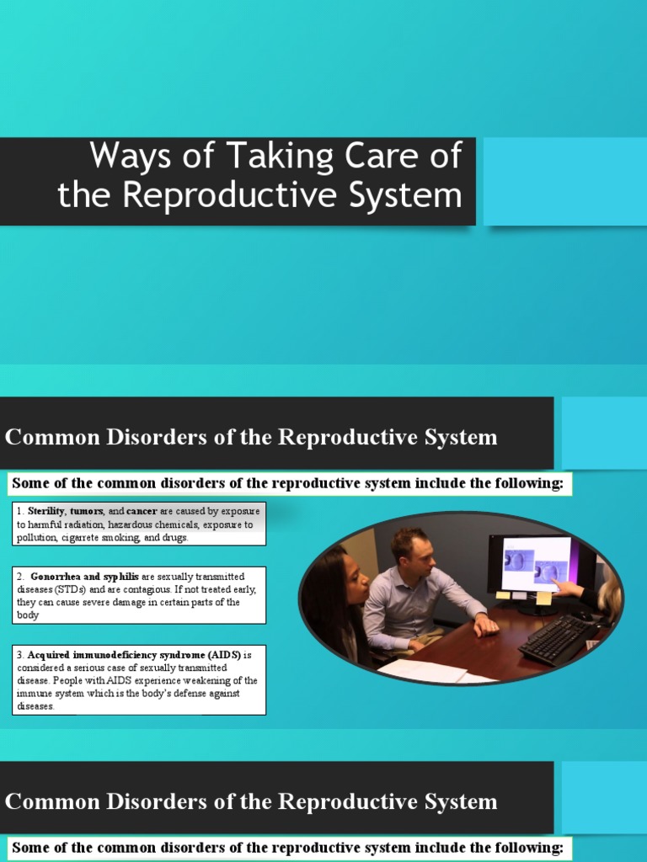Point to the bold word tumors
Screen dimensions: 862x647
tap(88, 511)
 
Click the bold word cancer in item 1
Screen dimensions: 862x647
tap(142, 511)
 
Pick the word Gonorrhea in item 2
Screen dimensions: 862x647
tap(58, 577)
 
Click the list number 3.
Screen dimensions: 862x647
tap(19, 654)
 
